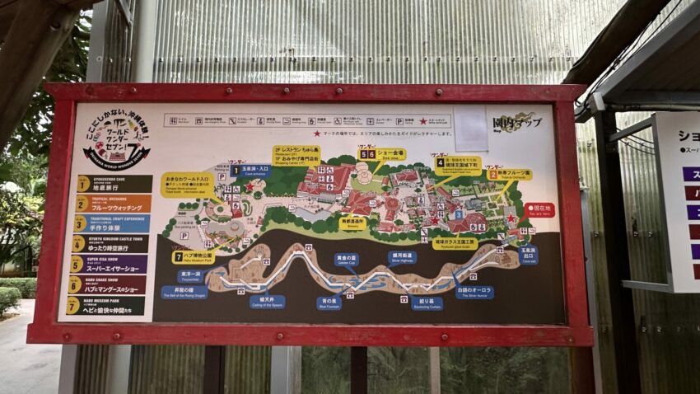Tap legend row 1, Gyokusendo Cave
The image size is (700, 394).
[x=114, y=184]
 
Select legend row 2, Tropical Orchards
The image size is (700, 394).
[x=114, y=204]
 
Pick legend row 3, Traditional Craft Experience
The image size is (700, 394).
[x=113, y=223]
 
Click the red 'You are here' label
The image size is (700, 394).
[x=539, y=210]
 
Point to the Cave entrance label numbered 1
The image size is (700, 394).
[x=251, y=171]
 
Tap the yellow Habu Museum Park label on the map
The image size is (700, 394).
[x=194, y=257]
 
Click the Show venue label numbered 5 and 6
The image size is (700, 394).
[x=382, y=154]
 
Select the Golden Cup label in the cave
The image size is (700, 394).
[x=347, y=259]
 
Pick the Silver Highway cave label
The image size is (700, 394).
[x=403, y=257]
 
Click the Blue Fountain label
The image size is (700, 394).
[x=329, y=303]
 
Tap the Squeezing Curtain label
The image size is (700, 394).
[x=427, y=303]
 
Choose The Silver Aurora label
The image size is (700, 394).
[x=475, y=292]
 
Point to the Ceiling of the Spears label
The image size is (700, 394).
[x=267, y=302]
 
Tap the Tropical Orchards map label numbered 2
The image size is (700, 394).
[x=510, y=175]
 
